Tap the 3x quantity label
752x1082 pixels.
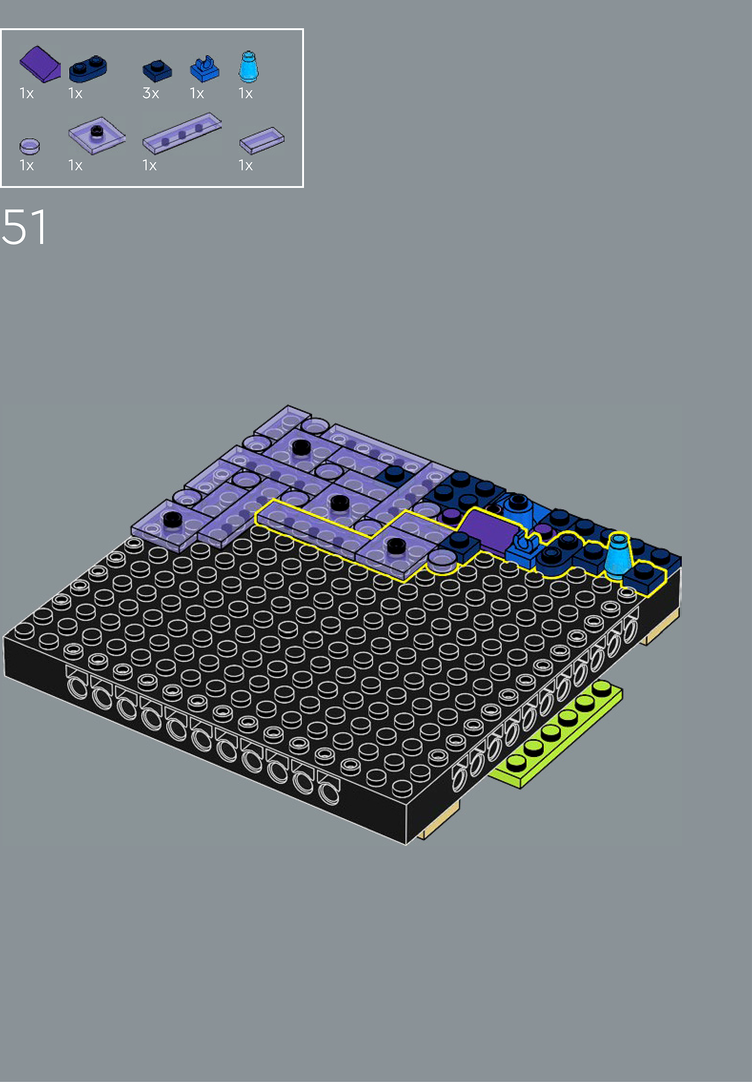point(151,93)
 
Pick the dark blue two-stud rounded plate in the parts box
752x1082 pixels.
point(88,69)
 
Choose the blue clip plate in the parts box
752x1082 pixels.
point(204,69)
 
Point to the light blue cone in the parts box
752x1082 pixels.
point(248,67)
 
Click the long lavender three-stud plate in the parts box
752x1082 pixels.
point(182,133)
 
